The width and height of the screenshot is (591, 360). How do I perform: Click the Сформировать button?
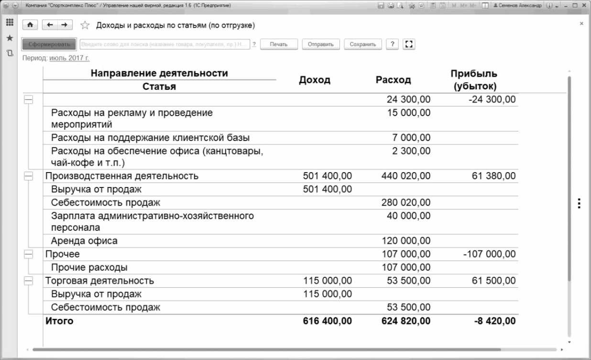(49, 44)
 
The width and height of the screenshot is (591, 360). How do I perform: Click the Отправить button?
(321, 44)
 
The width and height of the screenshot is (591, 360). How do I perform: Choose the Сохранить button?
(363, 44)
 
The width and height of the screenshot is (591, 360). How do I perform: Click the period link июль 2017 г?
(69, 58)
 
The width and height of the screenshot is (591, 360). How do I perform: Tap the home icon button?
(30, 25)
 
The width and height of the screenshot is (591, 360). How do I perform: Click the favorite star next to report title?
(85, 25)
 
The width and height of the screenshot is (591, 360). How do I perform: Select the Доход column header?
(314, 80)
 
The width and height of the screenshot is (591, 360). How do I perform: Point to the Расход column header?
(393, 80)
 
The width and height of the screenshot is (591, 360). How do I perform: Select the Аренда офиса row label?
(84, 241)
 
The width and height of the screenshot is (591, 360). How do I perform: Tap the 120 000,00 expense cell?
(406, 241)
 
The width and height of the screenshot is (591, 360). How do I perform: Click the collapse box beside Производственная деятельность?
(29, 176)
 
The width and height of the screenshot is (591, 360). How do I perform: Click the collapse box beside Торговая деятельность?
(29, 281)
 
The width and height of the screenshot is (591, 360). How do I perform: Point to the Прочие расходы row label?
(89, 267)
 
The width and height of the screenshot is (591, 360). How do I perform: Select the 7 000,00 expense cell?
(412, 138)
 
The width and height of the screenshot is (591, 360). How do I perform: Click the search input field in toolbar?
(164, 44)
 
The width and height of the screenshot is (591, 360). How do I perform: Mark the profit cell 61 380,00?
(493, 176)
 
